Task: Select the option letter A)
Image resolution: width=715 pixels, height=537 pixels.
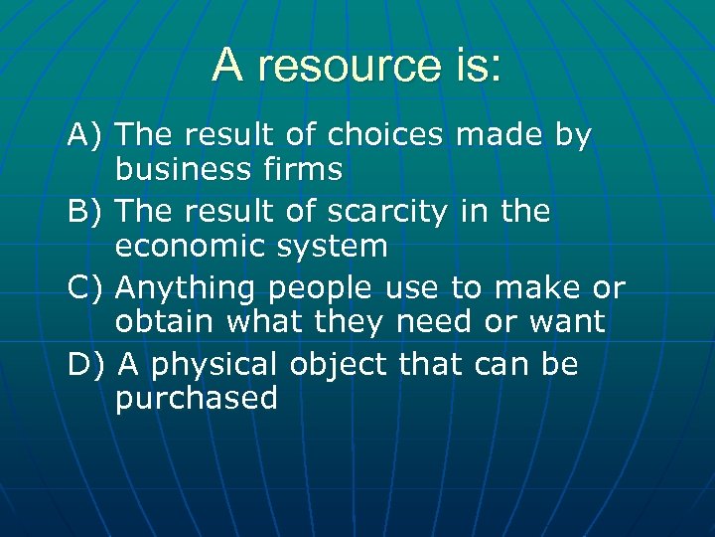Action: pos(86,135)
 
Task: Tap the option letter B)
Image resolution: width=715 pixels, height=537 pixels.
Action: pos(86,212)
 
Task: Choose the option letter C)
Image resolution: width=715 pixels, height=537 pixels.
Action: pos(86,288)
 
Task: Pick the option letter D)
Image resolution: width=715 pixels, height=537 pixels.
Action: pos(86,365)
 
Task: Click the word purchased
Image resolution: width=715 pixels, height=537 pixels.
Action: pos(197,400)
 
